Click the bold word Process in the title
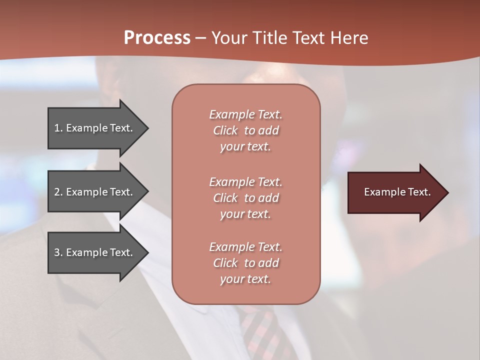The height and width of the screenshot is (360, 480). (157, 37)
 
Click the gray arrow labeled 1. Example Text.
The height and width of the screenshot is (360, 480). (95, 128)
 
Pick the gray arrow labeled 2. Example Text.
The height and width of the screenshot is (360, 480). (95, 192)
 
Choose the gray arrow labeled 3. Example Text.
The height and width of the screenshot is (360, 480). (95, 252)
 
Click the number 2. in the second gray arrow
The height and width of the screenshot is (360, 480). (58, 192)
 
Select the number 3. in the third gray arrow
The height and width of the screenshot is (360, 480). (58, 252)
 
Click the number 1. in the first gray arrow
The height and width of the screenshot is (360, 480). (58, 128)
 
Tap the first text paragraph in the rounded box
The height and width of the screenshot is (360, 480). (245, 130)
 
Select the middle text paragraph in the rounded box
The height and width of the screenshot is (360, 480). (245, 197)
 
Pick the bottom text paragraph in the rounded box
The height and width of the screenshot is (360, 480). (245, 263)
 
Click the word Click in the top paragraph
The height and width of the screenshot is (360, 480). (225, 130)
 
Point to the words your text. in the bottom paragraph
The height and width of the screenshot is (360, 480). (245, 279)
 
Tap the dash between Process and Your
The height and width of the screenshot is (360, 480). (201, 37)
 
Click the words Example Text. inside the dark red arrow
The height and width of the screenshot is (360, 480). (397, 192)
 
